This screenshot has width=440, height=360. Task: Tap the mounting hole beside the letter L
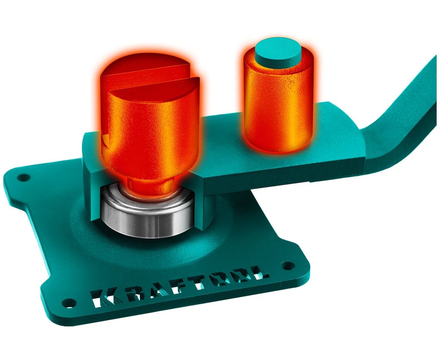288,265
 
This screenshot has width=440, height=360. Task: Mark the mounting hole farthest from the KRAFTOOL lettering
23,178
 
